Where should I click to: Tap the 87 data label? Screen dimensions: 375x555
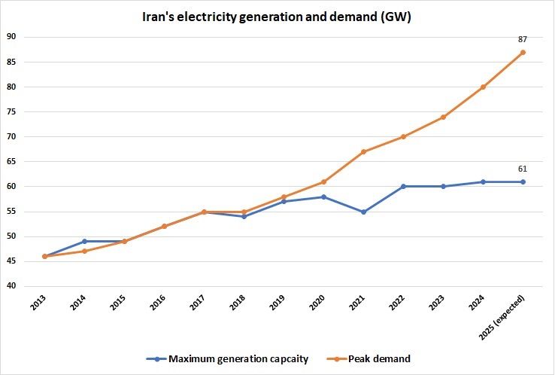point(522,38)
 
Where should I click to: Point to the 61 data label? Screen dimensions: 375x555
point(522,169)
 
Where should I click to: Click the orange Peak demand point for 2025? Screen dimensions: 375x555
point(522,52)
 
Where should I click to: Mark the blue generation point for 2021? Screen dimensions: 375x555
point(363,212)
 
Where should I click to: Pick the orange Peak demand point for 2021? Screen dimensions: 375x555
point(363,152)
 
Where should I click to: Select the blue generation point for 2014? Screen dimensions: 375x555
point(84,242)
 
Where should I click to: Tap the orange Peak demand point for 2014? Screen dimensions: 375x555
point(84,252)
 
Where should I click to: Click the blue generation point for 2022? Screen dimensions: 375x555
point(403,187)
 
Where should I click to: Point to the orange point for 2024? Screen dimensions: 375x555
point(483,87)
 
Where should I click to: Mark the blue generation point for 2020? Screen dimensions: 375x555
point(323,197)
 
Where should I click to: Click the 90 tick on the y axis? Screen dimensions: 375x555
point(11,37)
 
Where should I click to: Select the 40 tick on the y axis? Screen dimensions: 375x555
point(11,286)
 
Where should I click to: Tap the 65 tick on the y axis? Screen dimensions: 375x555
point(11,162)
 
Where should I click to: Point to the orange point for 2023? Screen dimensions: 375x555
point(443,117)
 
